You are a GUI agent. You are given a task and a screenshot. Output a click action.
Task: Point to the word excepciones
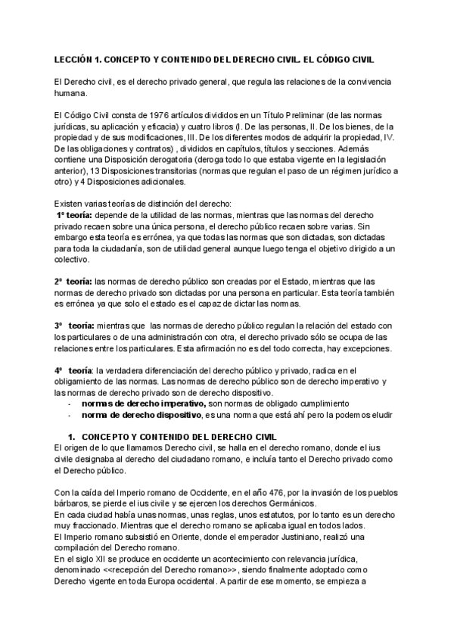coord(365,348)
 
